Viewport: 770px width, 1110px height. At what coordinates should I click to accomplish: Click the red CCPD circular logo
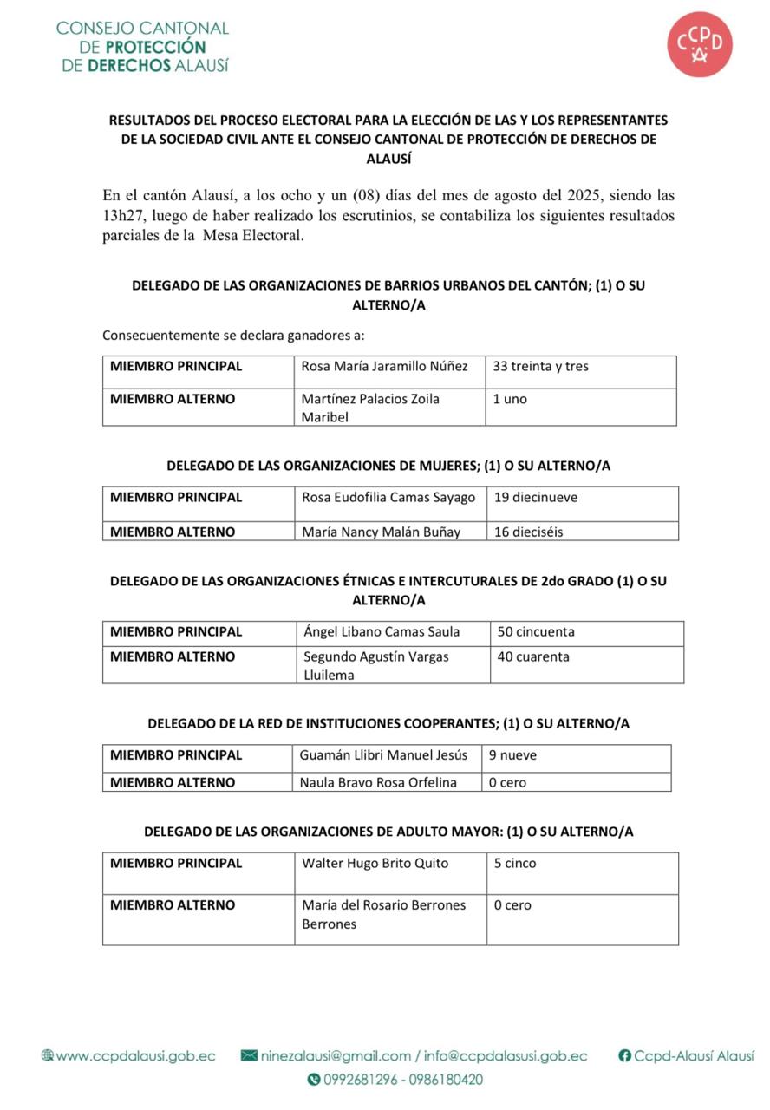[700, 44]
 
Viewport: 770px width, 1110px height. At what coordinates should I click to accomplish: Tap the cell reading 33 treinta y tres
[540, 367]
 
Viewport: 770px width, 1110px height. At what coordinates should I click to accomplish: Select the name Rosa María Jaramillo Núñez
[384, 367]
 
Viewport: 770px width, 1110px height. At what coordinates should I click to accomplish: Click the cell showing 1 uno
[510, 400]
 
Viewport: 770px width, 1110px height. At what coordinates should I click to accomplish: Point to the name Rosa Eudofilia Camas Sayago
[388, 498]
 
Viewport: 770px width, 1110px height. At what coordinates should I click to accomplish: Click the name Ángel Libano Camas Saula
[382, 632]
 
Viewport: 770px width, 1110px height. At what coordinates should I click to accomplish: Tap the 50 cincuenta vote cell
[536, 632]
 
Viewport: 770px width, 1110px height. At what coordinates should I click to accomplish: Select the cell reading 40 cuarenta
[533, 657]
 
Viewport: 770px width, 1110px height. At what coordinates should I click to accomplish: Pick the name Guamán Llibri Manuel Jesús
[383, 755]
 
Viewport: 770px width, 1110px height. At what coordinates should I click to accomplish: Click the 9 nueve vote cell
[512, 755]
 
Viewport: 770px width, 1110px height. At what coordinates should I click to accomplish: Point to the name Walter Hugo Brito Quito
[375, 864]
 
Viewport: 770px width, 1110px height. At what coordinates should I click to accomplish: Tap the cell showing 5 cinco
[515, 864]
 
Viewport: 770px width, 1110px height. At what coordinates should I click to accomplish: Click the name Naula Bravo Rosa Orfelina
[378, 783]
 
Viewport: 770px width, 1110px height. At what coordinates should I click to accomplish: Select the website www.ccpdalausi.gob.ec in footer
[136, 1056]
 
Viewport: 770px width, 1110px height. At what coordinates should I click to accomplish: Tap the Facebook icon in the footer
[624, 1056]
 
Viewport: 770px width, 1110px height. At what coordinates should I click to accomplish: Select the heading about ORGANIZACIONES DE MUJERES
[388, 466]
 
